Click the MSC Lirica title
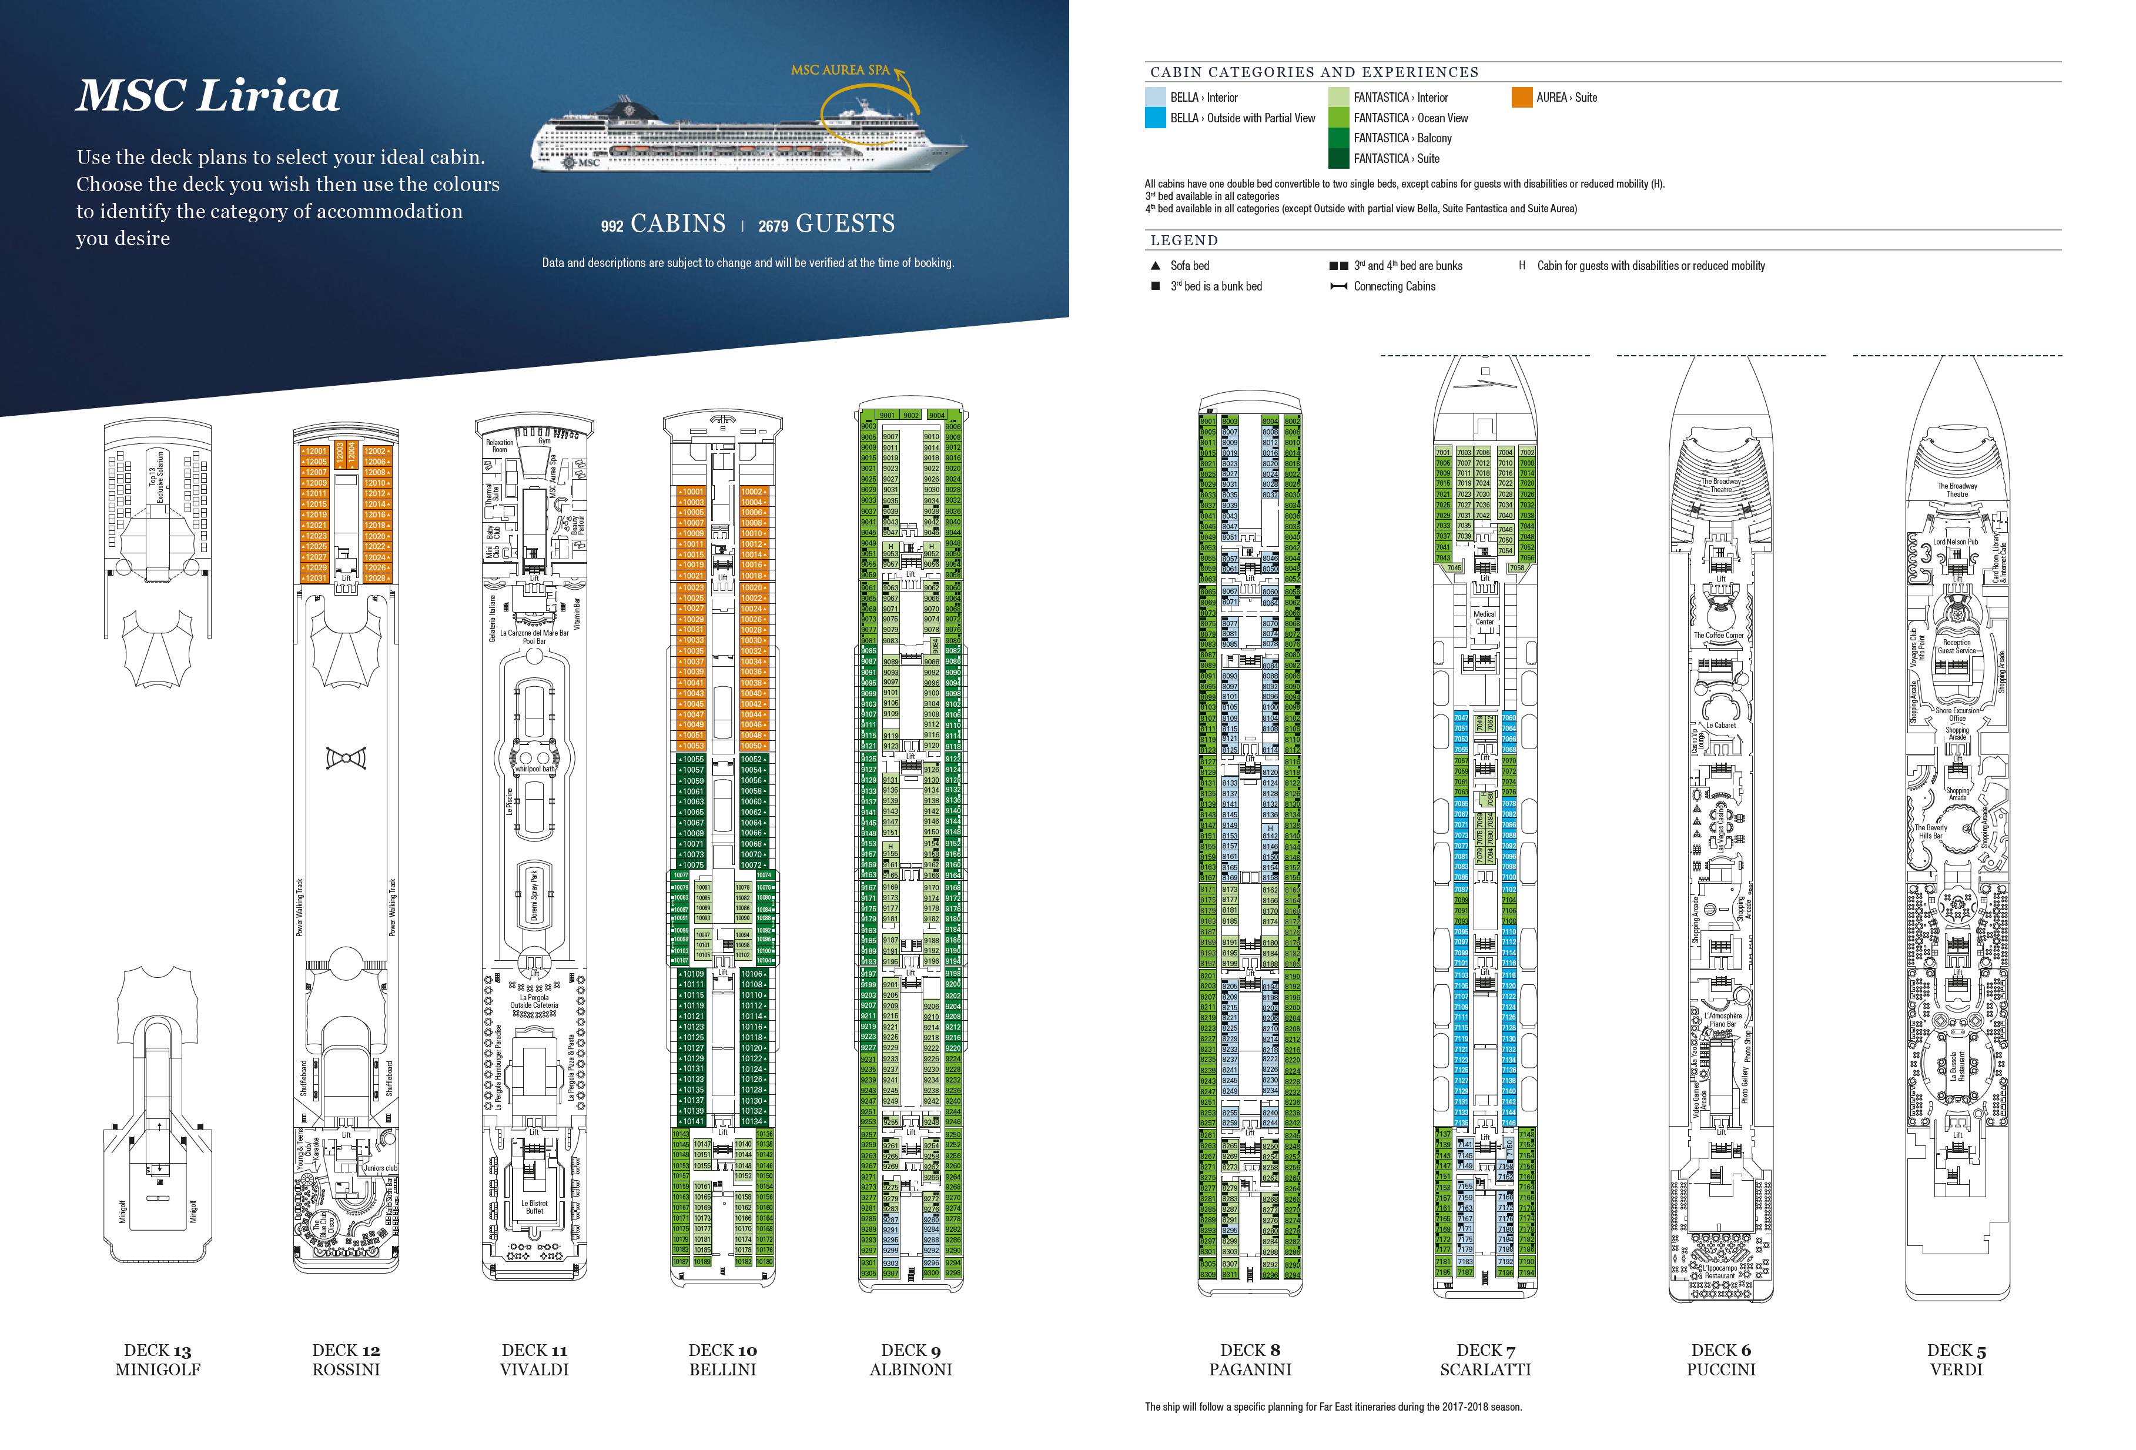(x=207, y=96)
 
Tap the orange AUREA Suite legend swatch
(x=1522, y=98)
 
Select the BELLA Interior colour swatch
(x=1156, y=98)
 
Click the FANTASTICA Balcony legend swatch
(x=1339, y=138)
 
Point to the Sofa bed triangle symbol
(x=1156, y=266)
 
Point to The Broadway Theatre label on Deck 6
(x=1720, y=486)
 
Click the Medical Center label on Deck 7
(x=1484, y=618)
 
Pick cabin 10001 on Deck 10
(x=692, y=492)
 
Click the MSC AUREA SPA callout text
(x=840, y=70)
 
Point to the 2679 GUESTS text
(x=826, y=225)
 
